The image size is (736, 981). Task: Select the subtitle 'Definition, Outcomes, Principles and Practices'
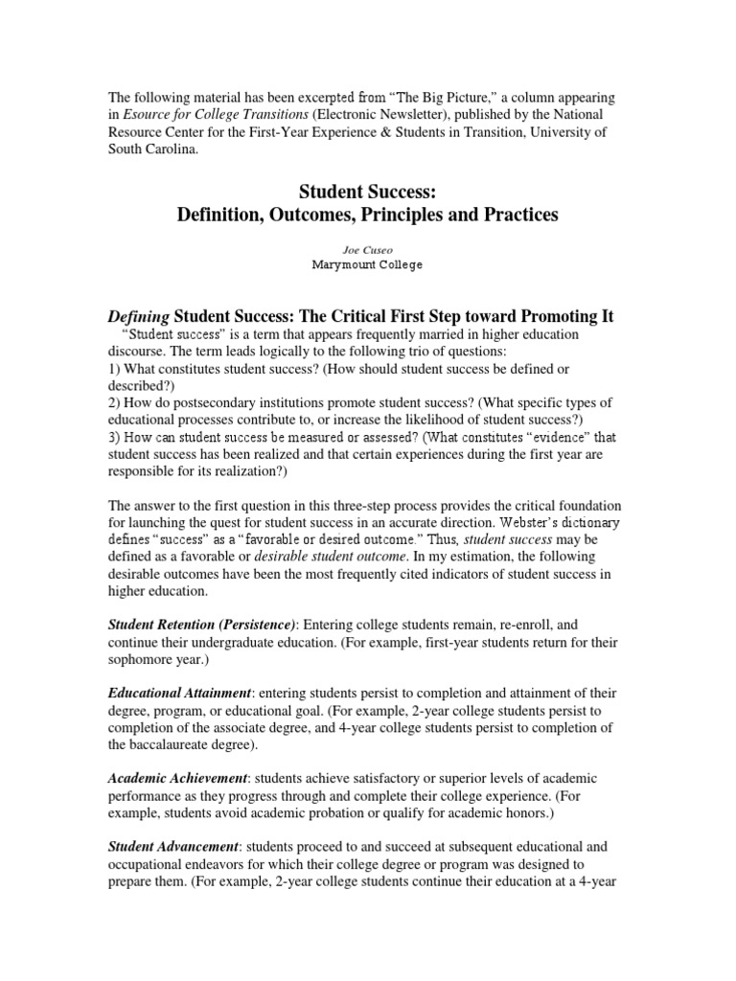coord(368,216)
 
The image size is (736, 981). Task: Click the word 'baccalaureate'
coord(174,744)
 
